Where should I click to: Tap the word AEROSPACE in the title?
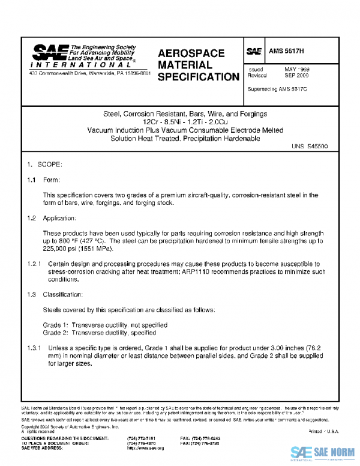tap(191, 53)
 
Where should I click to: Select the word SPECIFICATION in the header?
tap(199, 77)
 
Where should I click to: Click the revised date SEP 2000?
tap(296, 76)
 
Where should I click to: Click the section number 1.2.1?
tap(34, 264)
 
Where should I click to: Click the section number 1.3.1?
tap(34, 348)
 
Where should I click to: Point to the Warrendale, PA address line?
tap(90, 73)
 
